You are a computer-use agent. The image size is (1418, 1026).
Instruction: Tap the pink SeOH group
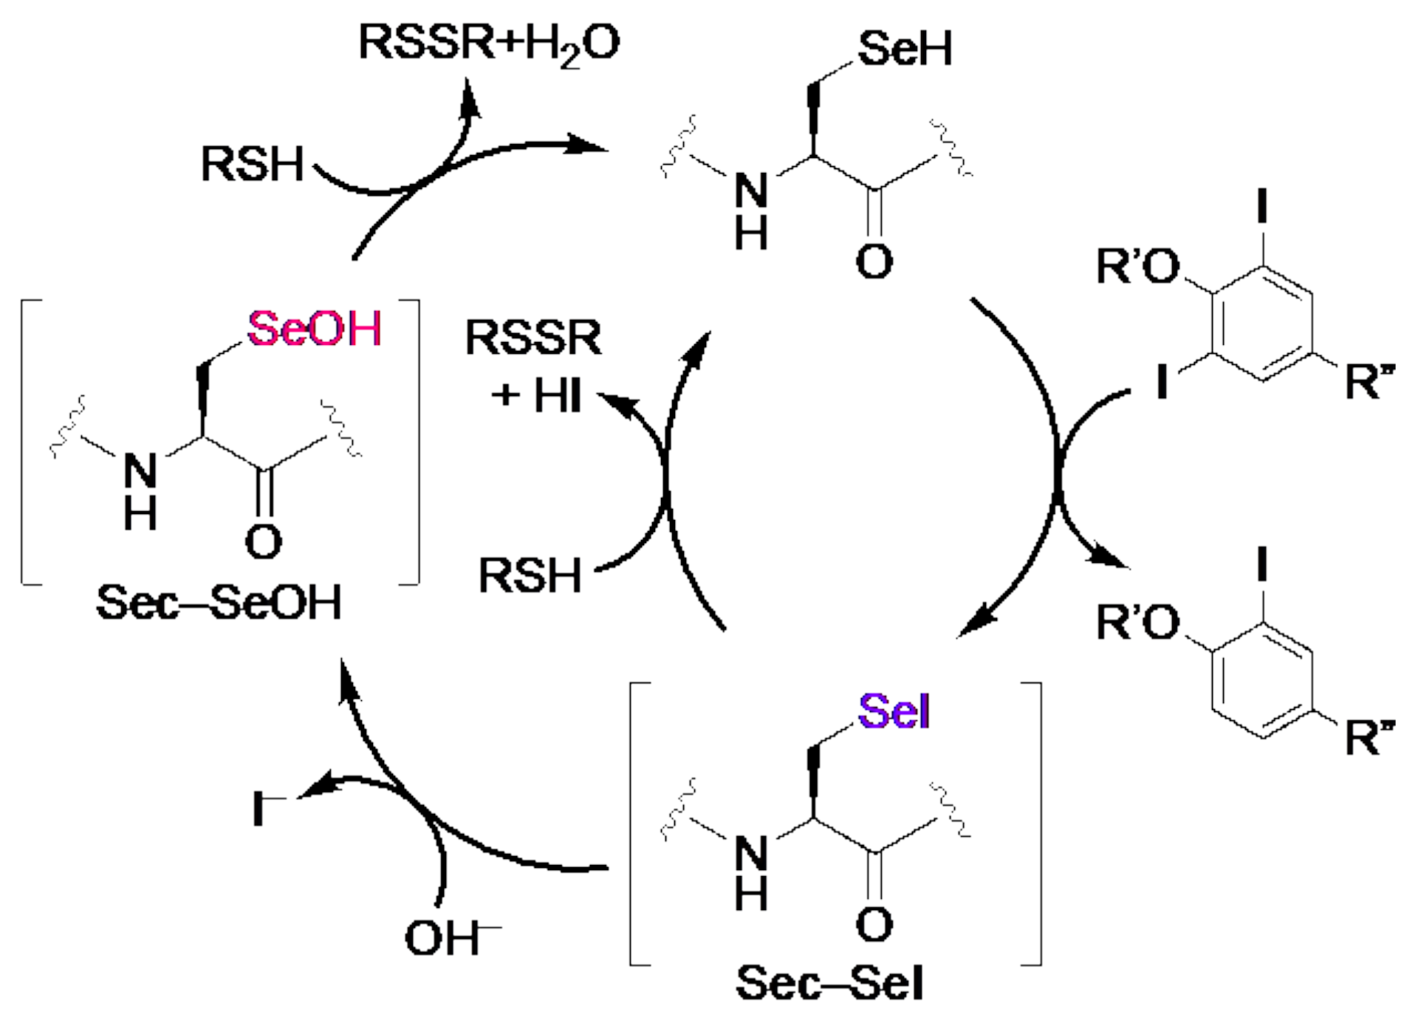pyautogui.click(x=314, y=329)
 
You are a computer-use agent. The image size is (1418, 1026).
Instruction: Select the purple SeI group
pyautogui.click(x=893, y=712)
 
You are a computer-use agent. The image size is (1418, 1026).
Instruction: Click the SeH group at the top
pyautogui.click(x=905, y=49)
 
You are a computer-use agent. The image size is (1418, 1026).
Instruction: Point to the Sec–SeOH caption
pyautogui.click(x=219, y=603)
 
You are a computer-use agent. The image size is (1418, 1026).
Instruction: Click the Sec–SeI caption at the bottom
pyautogui.click(x=829, y=983)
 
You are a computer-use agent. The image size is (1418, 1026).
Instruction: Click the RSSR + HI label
pyautogui.click(x=535, y=366)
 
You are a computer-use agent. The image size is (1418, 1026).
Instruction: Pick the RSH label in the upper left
pyautogui.click(x=253, y=164)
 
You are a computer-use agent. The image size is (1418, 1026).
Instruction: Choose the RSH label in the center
pyautogui.click(x=530, y=575)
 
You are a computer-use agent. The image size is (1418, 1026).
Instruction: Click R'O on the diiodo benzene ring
pyautogui.click(x=1138, y=267)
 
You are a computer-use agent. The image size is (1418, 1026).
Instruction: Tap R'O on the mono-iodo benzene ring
pyautogui.click(x=1138, y=623)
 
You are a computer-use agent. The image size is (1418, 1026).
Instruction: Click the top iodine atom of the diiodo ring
pyautogui.click(x=1262, y=206)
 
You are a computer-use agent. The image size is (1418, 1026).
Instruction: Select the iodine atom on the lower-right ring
pyautogui.click(x=1262, y=564)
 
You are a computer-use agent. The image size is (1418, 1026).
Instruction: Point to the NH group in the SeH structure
pyautogui.click(x=751, y=211)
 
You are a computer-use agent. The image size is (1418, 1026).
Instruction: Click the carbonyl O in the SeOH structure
pyautogui.click(x=264, y=541)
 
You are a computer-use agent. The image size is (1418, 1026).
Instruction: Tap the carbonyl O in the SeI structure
pyautogui.click(x=874, y=923)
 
